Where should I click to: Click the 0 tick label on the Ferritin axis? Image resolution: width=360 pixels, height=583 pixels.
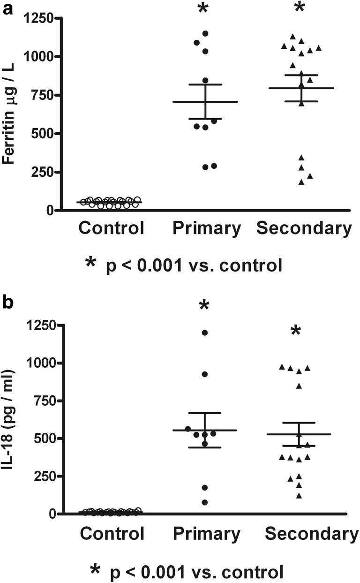48,210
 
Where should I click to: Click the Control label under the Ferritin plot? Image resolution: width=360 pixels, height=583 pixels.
111,228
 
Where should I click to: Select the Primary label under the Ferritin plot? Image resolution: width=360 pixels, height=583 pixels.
206,228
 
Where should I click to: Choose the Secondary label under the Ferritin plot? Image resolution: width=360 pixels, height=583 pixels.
304,228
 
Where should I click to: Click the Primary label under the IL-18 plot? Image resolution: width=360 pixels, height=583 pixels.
206,534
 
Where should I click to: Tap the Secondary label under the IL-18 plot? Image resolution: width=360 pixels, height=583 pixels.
308,534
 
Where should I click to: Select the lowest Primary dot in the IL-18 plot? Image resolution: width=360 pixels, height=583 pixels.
205,502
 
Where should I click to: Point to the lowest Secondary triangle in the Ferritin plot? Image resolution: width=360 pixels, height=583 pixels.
302,182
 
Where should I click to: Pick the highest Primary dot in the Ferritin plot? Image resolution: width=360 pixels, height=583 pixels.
205,33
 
